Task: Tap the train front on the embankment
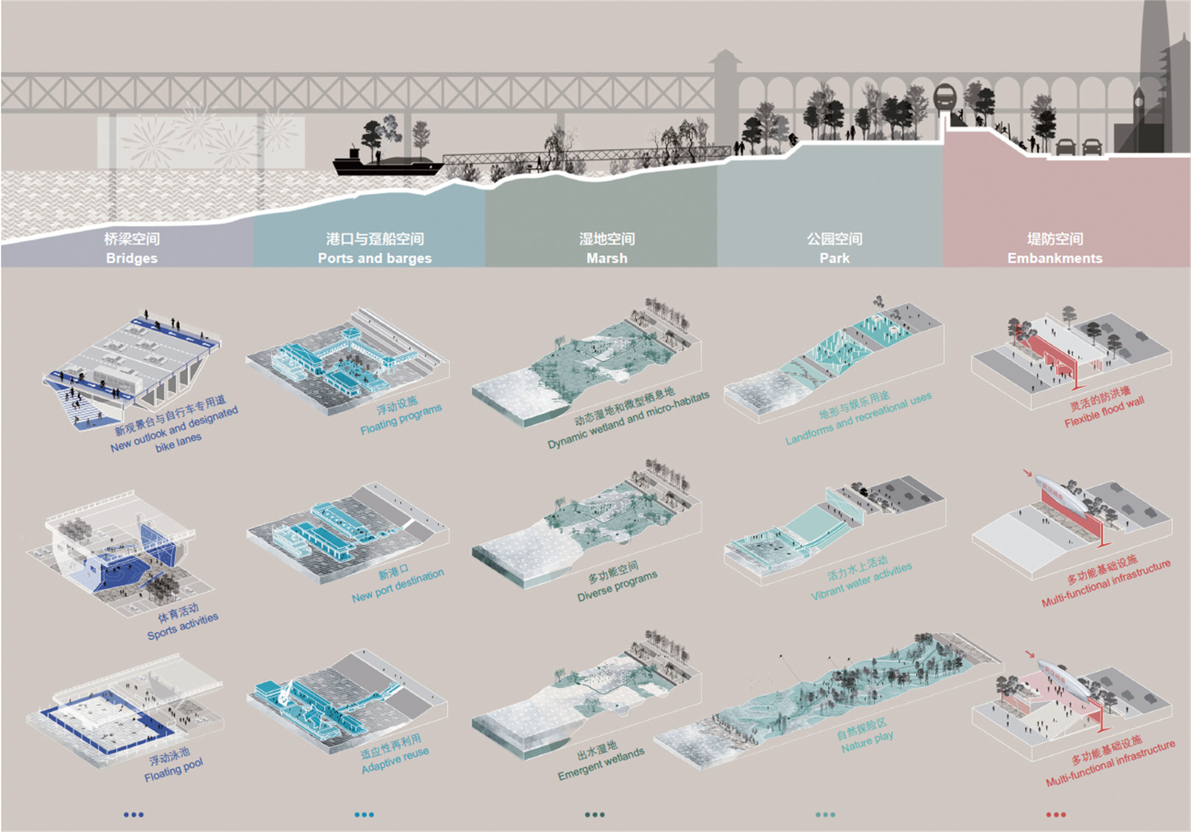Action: click(944, 98)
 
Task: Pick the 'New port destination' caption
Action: click(397, 585)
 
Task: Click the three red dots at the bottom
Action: click(1056, 815)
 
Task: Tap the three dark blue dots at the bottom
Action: click(133, 815)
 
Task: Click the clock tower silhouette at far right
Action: click(1138, 113)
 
